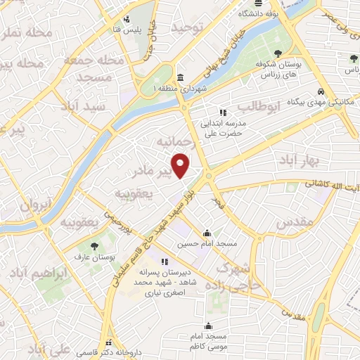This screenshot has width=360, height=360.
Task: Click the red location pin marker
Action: (x=181, y=166)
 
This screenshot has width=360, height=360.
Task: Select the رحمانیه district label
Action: (x=174, y=143)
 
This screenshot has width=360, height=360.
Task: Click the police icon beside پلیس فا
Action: (x=126, y=20)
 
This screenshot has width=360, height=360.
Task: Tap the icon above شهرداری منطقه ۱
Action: (x=181, y=77)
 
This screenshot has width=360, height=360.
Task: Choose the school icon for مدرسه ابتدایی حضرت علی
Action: (x=223, y=112)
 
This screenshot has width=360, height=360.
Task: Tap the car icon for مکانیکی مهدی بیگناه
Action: (x=321, y=92)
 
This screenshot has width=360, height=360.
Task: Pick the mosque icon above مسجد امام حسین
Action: (x=207, y=233)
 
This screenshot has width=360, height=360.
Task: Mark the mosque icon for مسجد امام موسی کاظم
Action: (x=208, y=326)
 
